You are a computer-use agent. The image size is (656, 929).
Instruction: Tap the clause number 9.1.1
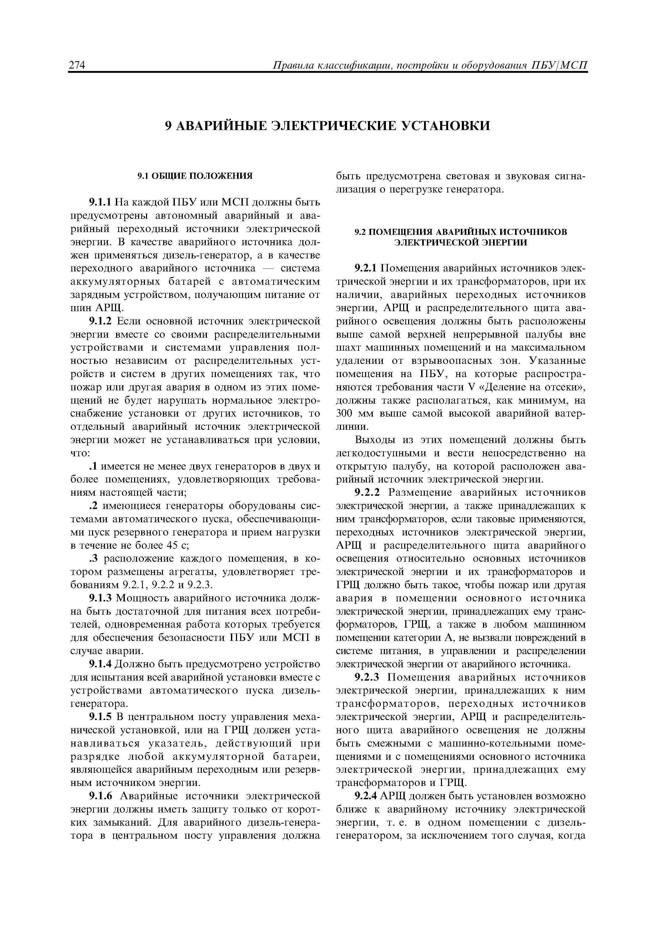click(x=100, y=202)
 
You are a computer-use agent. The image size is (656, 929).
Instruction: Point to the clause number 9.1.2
click(x=100, y=321)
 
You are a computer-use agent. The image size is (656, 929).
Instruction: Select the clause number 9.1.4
click(x=100, y=664)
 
